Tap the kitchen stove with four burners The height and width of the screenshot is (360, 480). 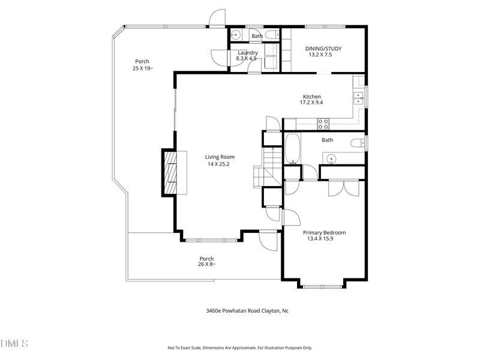pyautogui.click(x=323, y=124)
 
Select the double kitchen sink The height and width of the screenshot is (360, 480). pyautogui.click(x=358, y=98)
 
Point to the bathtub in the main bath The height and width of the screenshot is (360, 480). pyautogui.click(x=292, y=149)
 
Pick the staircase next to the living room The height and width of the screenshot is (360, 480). pyautogui.click(x=268, y=168)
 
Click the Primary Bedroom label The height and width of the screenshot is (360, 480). pyautogui.click(x=324, y=233)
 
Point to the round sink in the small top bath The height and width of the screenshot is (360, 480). pyautogui.click(x=236, y=34)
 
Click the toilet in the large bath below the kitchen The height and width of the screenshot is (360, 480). pyautogui.click(x=357, y=143)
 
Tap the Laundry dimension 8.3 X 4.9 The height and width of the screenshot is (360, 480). pyautogui.click(x=247, y=59)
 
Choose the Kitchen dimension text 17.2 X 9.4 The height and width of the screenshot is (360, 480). pyautogui.click(x=311, y=103)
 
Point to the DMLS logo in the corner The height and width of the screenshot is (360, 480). pyautogui.click(x=14, y=343)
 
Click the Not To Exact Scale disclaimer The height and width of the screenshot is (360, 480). pyautogui.click(x=239, y=347)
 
